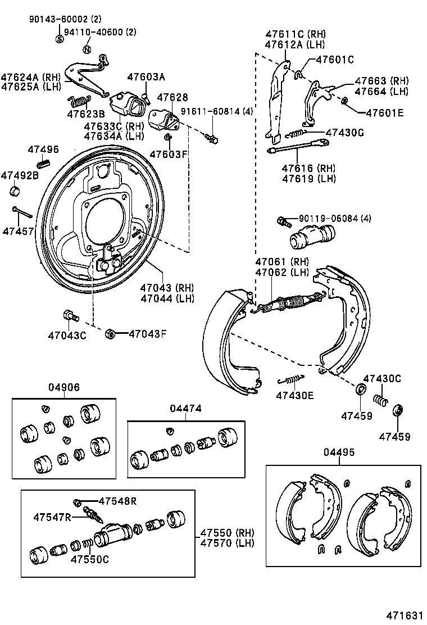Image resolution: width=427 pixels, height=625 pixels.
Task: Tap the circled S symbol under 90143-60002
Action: (x=60, y=39)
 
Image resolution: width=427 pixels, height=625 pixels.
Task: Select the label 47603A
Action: (x=146, y=77)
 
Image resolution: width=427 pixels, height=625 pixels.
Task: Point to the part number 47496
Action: (x=43, y=149)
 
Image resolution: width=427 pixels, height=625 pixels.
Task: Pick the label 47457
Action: (x=17, y=231)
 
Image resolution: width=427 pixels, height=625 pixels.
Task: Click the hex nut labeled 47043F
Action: (x=110, y=334)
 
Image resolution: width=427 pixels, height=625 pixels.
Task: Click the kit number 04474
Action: (x=185, y=409)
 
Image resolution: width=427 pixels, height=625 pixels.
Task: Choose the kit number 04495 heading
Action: (x=339, y=453)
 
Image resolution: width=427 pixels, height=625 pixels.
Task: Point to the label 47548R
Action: (x=117, y=501)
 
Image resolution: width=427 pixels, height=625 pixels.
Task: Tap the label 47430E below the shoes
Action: (x=294, y=396)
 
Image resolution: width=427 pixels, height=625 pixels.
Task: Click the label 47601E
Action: (x=384, y=112)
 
